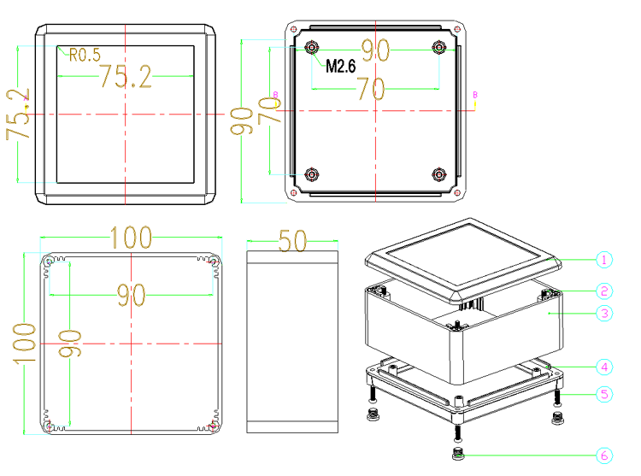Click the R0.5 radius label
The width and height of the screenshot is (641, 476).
tap(85, 55)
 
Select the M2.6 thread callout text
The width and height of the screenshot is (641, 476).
tap(340, 66)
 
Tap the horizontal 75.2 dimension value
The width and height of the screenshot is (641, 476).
tap(126, 76)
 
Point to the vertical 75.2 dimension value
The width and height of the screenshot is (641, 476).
tap(18, 114)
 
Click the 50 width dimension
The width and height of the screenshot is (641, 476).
tap(292, 241)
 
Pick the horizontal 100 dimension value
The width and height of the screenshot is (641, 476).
tap(132, 238)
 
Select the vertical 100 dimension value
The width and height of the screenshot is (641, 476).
tap(24, 344)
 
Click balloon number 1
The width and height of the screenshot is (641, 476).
tap(604, 260)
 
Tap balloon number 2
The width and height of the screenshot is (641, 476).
tap(604, 291)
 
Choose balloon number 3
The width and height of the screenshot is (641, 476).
tap(604, 314)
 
